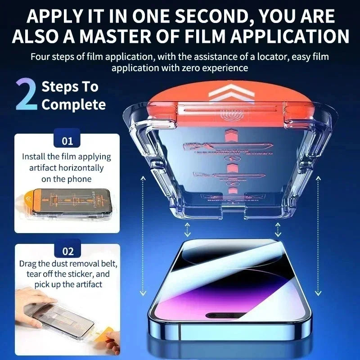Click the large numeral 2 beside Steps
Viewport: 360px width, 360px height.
point(27,95)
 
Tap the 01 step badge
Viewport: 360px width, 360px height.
point(67,141)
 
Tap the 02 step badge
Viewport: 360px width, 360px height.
point(67,251)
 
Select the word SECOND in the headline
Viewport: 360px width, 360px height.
point(208,17)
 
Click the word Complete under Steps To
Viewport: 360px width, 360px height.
point(74,105)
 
